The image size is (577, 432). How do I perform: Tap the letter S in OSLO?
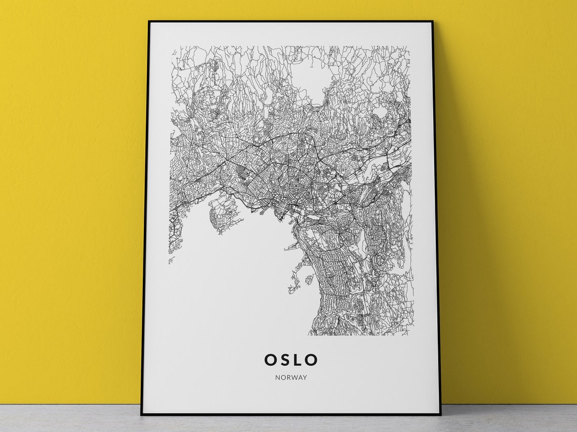click(285, 360)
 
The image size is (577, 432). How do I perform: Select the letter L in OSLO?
click(298, 360)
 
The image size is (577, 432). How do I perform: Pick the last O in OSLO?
click(311, 360)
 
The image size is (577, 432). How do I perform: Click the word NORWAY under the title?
click(291, 377)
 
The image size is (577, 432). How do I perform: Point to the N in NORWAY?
click(278, 377)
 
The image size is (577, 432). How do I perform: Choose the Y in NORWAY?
click(305, 377)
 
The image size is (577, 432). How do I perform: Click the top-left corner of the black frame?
click(148, 21)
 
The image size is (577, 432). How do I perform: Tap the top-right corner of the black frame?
click(433, 21)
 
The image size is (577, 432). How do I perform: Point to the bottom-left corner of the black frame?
click(141, 414)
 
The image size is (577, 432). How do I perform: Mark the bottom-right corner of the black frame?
click(440, 414)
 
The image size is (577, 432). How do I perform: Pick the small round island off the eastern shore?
click(308, 279)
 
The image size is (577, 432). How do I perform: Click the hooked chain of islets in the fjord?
click(295, 286)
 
